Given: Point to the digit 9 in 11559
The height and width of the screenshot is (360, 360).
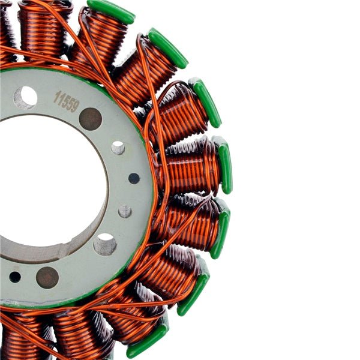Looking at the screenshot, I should point(75,106).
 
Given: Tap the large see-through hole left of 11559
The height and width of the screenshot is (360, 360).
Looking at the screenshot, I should point(25,97).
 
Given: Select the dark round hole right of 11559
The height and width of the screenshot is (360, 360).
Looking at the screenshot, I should point(90,119).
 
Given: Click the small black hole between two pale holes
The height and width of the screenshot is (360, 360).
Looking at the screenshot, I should point(134,178).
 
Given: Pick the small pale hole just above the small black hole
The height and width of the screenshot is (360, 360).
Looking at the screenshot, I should point(118,148).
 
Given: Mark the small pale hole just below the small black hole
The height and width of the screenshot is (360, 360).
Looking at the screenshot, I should point(125,211).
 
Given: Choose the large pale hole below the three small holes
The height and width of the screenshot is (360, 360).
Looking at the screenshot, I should point(105,244).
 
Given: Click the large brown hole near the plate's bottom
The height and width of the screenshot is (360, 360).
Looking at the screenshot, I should point(47,277).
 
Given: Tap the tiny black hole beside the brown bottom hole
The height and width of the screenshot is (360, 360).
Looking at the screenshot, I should point(15,277).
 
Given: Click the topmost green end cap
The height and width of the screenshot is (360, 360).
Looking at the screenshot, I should point(111,11).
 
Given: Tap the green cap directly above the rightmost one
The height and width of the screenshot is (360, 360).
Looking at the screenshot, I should point(206,102).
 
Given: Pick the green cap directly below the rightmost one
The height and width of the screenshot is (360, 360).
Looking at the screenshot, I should point(220,233).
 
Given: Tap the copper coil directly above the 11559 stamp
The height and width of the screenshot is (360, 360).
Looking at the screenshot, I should point(42,30).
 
